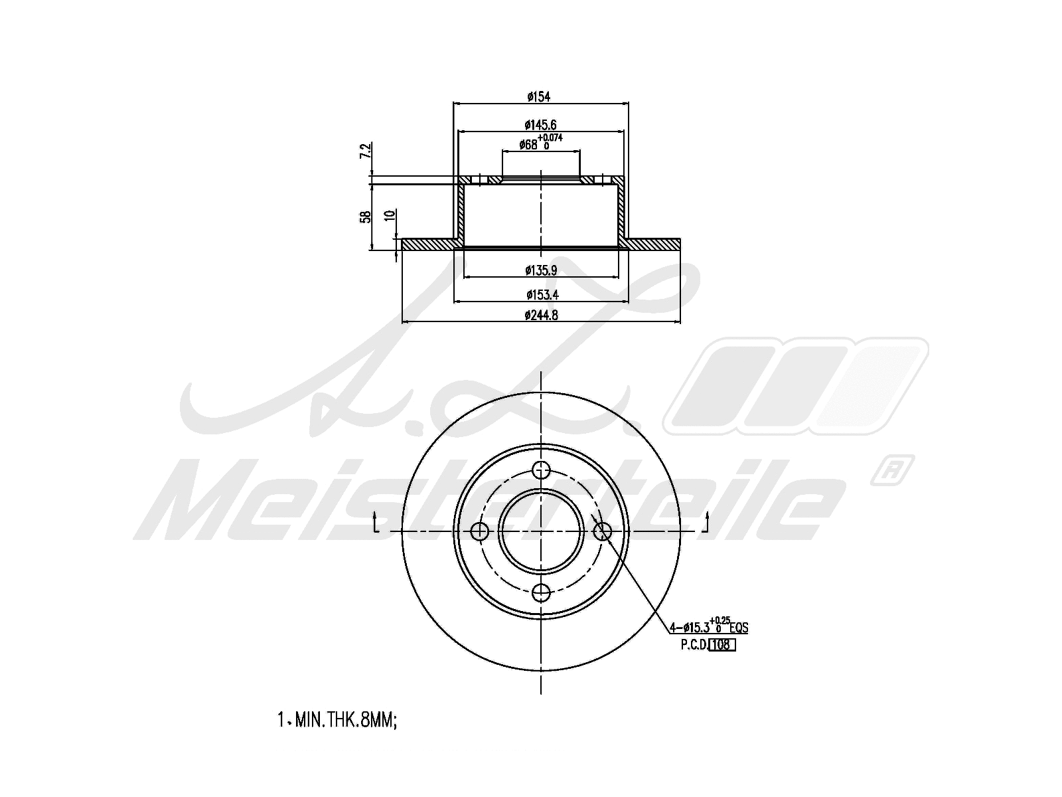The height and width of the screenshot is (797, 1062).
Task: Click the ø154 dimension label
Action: (539, 97)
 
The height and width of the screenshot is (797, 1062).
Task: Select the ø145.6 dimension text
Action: (540, 124)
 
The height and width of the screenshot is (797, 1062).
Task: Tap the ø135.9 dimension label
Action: (540, 270)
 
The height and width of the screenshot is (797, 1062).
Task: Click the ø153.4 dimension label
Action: (540, 294)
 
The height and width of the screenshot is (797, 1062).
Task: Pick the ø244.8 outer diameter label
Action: (540, 315)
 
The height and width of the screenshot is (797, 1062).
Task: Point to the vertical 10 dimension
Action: (391, 215)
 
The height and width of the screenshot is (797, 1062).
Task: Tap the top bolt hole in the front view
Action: (542, 470)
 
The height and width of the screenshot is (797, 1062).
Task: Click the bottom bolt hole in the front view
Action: (542, 592)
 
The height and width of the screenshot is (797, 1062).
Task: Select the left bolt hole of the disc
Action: (479, 531)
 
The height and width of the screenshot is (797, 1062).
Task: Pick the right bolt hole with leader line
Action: (603, 531)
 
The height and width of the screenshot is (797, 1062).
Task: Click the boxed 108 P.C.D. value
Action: (722, 644)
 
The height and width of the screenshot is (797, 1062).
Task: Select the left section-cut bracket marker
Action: (376, 523)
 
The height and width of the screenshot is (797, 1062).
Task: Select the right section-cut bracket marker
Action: (707, 523)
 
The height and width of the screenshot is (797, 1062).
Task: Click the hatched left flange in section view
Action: (428, 244)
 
